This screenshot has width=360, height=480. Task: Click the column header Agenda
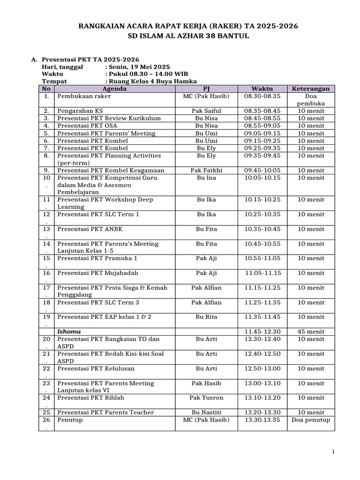114,89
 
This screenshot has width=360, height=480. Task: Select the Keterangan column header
311,89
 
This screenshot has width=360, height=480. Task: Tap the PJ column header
206,89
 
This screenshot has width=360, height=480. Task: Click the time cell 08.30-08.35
262,96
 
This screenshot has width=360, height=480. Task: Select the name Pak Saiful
206,111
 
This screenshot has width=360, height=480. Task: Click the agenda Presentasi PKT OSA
87,126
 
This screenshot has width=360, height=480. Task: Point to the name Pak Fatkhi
206,171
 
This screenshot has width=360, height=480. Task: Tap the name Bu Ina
206,178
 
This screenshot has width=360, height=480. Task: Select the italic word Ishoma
69,331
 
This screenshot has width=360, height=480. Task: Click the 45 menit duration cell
311,331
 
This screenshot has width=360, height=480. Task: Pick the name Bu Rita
206,317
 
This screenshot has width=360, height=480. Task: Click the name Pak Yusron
206,397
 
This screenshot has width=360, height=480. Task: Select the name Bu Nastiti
206,412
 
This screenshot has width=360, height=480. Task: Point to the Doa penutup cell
311,420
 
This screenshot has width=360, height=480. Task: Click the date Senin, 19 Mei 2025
139,67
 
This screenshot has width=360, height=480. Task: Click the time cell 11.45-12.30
262,331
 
